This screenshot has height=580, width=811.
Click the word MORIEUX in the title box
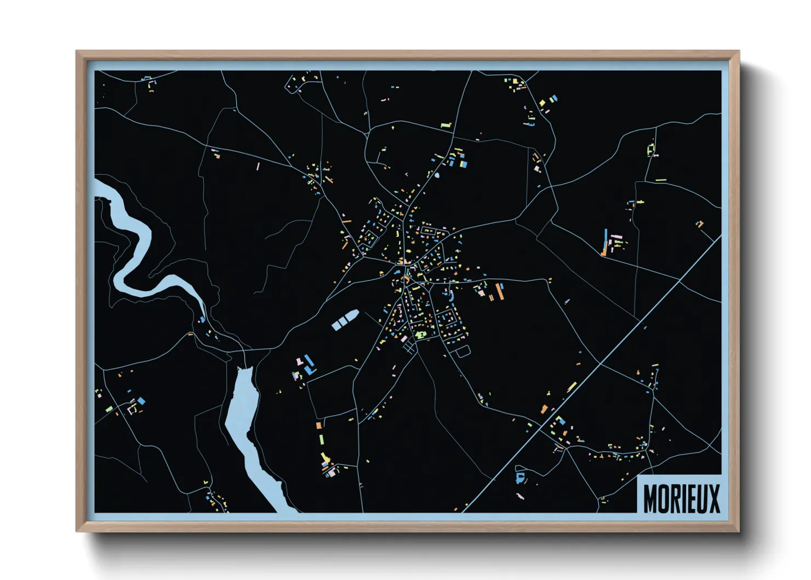click(x=681, y=498)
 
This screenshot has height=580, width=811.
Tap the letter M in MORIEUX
click(x=650, y=498)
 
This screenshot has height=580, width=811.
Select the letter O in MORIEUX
click(x=664, y=498)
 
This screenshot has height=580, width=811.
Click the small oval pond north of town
click(x=437, y=176)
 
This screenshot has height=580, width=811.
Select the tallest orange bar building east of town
click(x=499, y=292)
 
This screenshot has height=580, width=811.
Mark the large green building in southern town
click(x=420, y=333)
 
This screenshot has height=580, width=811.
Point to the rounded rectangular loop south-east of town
click(x=462, y=351)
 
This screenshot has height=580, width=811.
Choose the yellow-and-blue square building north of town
click(x=464, y=163)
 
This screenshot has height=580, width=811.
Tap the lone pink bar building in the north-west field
click(x=258, y=166)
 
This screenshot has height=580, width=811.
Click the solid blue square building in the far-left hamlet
click(x=141, y=401)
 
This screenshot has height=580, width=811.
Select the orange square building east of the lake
click(x=318, y=425)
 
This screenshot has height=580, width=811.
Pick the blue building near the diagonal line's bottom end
click(x=520, y=477)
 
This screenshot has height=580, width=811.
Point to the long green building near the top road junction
click(x=446, y=126)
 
